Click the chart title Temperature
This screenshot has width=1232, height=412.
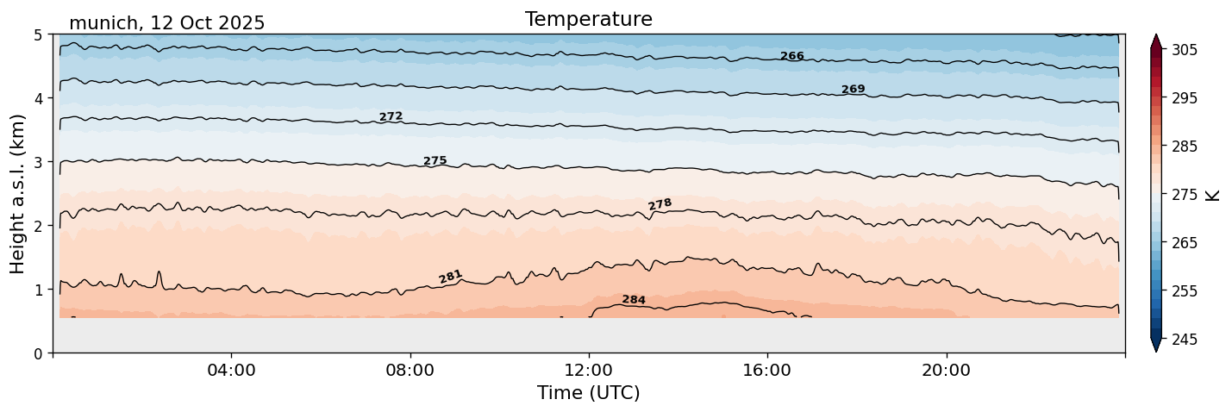[588, 19]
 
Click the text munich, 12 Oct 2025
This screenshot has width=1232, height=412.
[166, 23]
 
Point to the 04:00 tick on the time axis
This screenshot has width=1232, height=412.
[232, 371]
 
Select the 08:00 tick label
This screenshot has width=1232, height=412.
[410, 371]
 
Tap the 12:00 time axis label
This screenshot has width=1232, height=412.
[589, 371]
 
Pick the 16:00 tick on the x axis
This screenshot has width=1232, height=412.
[767, 371]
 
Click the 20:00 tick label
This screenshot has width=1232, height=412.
[946, 371]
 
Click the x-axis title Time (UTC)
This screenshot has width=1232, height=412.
[588, 393]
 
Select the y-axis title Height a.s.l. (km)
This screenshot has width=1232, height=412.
[18, 193]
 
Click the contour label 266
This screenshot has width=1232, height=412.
[791, 57]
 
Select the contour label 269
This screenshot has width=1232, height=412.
[853, 90]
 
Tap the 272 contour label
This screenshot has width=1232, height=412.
[391, 116]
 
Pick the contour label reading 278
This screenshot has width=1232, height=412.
[660, 204]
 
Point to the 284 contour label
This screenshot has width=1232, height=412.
[634, 300]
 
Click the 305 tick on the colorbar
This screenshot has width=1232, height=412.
[1185, 50]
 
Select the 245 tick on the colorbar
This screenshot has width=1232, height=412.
[1185, 340]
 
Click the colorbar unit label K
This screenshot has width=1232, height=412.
[1214, 195]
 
